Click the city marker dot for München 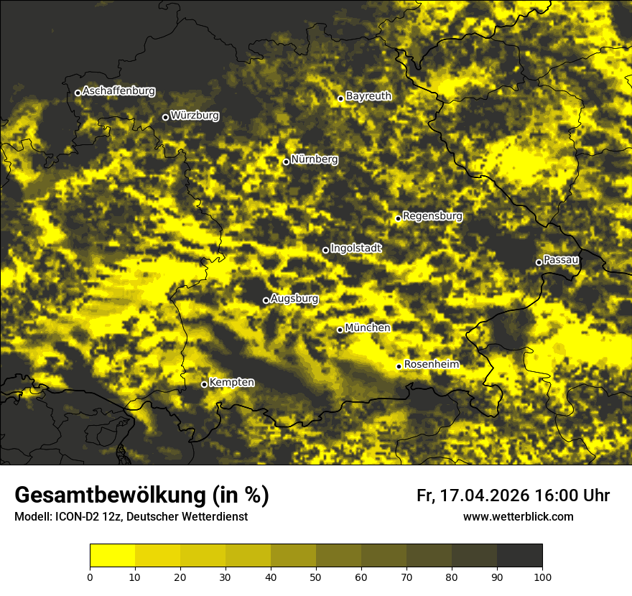[x=340, y=330]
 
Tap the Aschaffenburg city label [x=118, y=91]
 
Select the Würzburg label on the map [x=195, y=116]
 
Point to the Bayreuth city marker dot [x=340, y=98]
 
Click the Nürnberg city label [x=315, y=159]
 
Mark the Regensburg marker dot [x=398, y=218]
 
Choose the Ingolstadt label [x=356, y=248]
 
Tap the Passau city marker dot [x=539, y=262]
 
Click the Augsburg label [x=294, y=299]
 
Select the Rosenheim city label [x=431, y=365]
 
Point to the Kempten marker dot [x=204, y=384]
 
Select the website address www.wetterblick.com [x=518, y=517]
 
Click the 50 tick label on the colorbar [x=316, y=576]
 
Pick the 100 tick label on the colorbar [x=542, y=576]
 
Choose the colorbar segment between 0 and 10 [x=112, y=556]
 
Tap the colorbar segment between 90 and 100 [x=519, y=556]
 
